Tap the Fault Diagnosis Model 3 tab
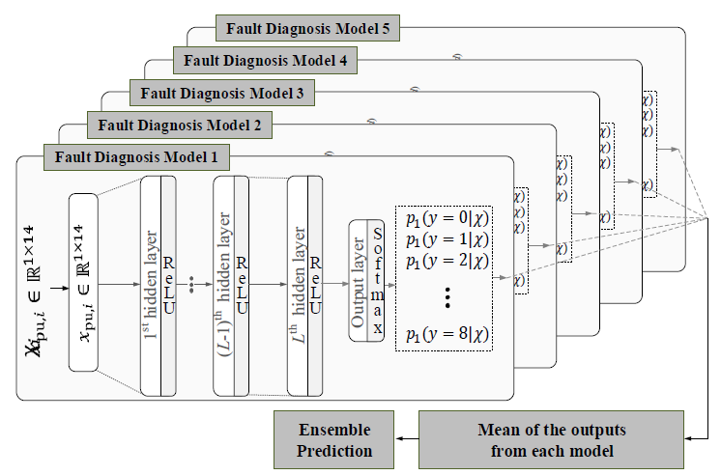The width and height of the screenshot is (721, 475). coord(219,94)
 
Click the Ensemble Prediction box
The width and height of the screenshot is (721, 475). coord(335,439)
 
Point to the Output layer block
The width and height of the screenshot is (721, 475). coord(359,281)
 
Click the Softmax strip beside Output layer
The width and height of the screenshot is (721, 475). coord(377,281)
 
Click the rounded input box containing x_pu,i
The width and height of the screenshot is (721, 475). coord(83,282)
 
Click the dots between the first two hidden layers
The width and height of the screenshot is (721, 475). coord(194,286)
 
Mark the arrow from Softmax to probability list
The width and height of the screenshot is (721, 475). coord(389,281)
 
